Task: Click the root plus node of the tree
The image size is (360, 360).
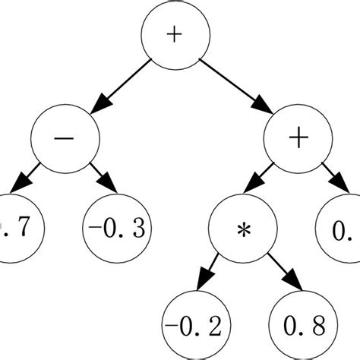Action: [174, 36]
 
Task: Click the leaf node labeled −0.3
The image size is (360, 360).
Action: [115, 226]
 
